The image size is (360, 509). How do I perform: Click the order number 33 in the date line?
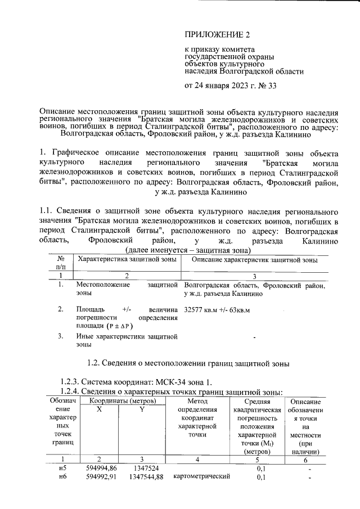[x=271, y=86]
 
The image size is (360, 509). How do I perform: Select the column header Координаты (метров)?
[x=119, y=401]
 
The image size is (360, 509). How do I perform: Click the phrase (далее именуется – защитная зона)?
[x=188, y=250]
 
